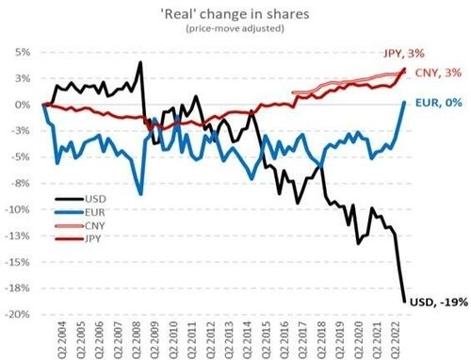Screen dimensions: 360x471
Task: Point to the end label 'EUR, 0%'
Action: (x=437, y=105)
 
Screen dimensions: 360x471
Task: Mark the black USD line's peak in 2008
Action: (x=140, y=63)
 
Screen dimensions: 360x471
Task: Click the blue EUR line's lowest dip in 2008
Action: (x=140, y=193)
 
